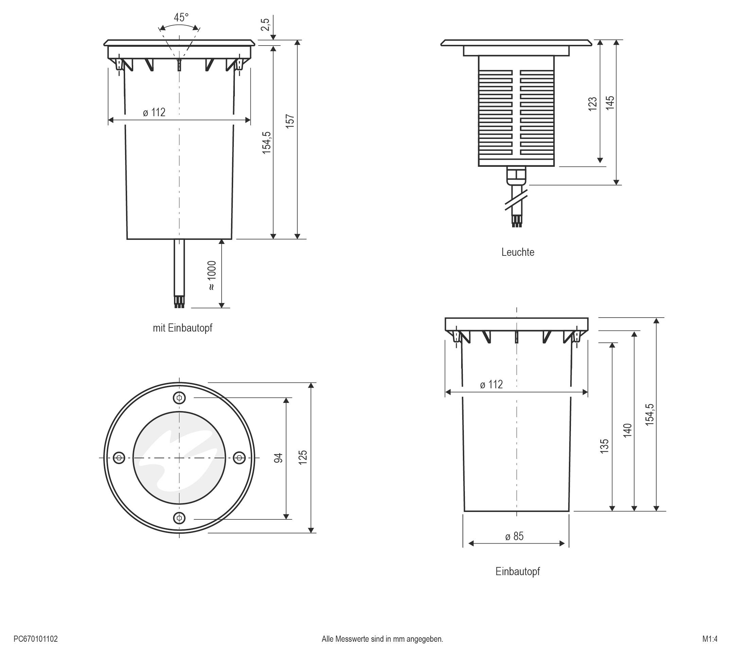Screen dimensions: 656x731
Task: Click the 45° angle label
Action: (181, 17)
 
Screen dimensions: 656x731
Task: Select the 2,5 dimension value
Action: (265, 25)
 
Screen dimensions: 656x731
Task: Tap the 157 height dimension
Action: (290, 122)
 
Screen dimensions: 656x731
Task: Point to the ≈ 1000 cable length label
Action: (212, 276)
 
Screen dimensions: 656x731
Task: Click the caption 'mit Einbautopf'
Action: (182, 327)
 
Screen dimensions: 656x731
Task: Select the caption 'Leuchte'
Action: (518, 252)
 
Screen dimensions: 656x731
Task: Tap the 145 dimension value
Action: (609, 103)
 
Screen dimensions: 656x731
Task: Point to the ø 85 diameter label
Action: (514, 536)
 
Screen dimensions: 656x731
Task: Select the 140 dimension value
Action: (627, 431)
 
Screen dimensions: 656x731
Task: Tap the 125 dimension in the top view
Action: (303, 457)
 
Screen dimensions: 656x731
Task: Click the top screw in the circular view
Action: (179, 398)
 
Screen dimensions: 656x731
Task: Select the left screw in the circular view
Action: (119, 458)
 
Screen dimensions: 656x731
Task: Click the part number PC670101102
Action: (36, 639)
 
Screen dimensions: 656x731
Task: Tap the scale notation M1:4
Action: (710, 639)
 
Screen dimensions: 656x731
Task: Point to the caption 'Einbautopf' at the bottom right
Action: (518, 571)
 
